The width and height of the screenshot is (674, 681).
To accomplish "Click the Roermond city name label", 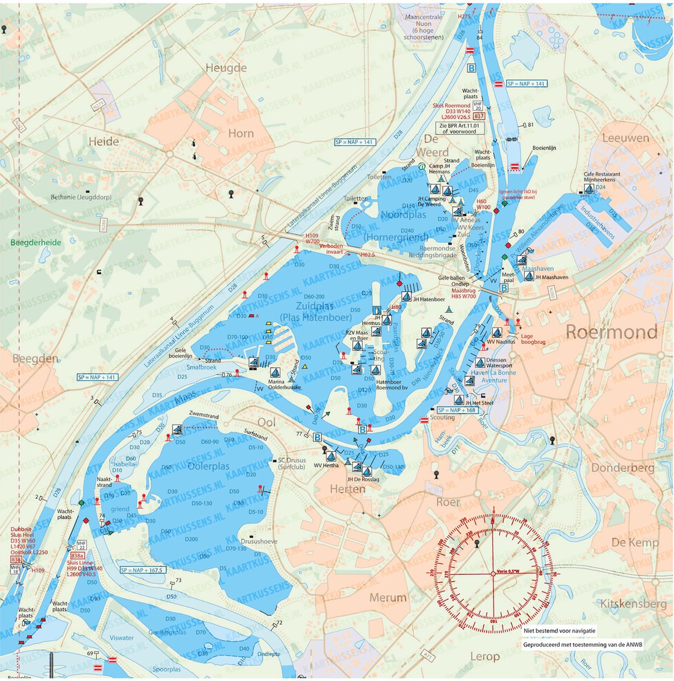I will pyautogui.click(x=612, y=332).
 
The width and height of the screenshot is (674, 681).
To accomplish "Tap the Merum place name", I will pyautogui.click(x=388, y=598).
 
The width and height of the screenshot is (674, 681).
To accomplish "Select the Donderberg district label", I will pyautogui.click(x=622, y=468).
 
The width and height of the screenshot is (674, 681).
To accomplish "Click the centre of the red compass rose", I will pyautogui.click(x=492, y=573).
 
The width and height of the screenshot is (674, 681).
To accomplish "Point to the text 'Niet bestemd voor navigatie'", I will pyautogui.click(x=559, y=630).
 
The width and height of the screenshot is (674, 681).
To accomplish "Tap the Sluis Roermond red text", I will pyautogui.click(x=450, y=106).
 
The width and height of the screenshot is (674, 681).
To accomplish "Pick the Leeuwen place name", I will pyautogui.click(x=625, y=138).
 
